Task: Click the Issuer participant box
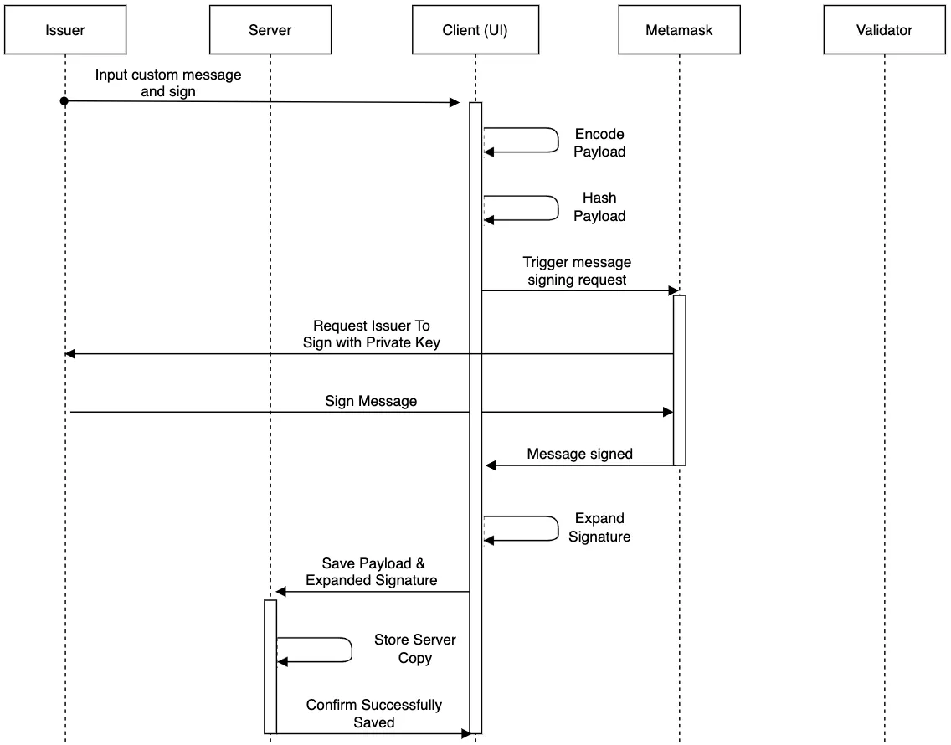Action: pos(65,30)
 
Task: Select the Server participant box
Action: pos(270,30)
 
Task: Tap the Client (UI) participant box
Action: pos(475,30)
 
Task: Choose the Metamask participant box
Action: pos(679,30)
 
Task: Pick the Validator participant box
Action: pos(884,30)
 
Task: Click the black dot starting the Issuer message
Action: pos(64,100)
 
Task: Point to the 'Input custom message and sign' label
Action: pos(168,83)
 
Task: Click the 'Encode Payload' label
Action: pos(599,142)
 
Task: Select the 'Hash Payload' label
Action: pos(599,207)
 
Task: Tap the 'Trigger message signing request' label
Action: pos(577,271)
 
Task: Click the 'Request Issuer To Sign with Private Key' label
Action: pos(371,334)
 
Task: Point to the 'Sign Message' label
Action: pos(371,401)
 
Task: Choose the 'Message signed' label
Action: pos(579,454)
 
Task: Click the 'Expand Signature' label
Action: pos(599,527)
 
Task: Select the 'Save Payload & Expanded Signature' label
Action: pos(371,572)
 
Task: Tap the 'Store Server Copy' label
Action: pos(415,649)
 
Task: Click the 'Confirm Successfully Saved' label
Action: pos(373,713)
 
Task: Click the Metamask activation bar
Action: pos(679,380)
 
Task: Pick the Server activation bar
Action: pos(270,667)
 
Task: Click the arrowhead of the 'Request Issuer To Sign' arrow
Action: pos(69,354)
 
